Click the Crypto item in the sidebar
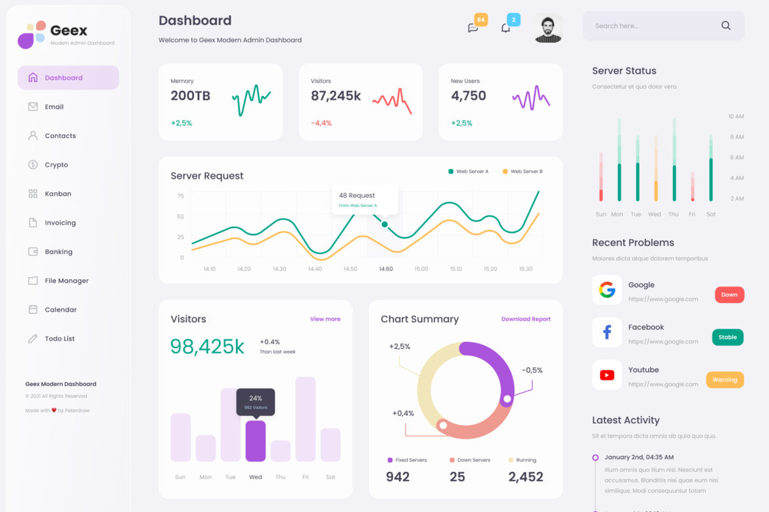point(56,165)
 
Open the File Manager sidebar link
point(66,281)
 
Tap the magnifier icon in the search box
point(726,26)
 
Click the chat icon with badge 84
point(473,28)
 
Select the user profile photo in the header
point(548,28)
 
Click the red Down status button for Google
point(729,294)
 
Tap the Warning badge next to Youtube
point(724,379)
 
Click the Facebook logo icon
point(607,333)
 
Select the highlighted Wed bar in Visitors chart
point(256,441)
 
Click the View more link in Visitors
point(325,319)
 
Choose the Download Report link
point(526,319)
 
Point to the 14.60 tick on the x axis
point(386,269)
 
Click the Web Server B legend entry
point(523,172)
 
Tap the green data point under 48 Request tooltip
point(384,225)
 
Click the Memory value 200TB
point(191,96)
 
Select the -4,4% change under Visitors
point(321,123)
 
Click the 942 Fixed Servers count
point(398,477)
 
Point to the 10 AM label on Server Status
point(735,116)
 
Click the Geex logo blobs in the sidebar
point(31,34)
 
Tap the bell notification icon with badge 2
point(505,28)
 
